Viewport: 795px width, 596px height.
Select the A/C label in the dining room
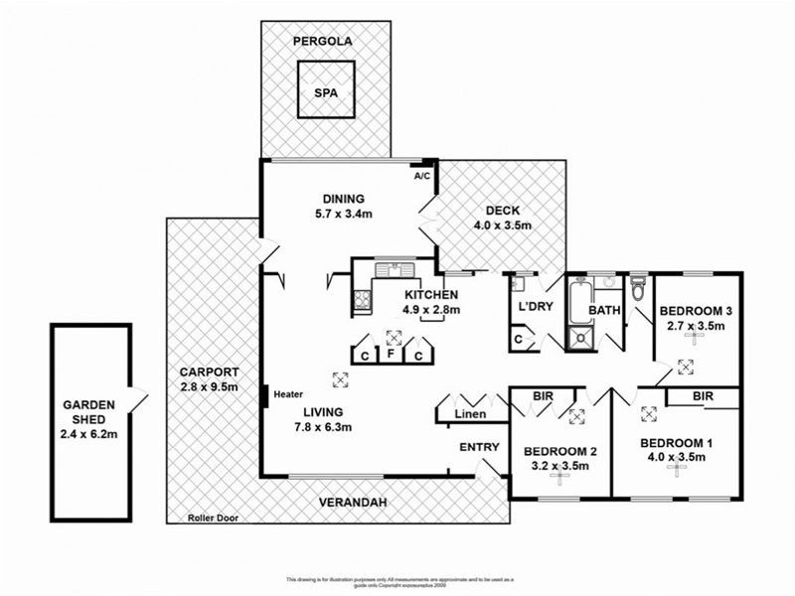pos(422,176)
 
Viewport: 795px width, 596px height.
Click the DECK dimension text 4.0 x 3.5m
pos(504,225)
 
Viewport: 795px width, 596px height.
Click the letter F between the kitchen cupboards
pos(393,354)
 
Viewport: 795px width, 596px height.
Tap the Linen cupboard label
pos(470,412)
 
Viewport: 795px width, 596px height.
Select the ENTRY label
pos(479,447)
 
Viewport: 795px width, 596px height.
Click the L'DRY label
pos(535,307)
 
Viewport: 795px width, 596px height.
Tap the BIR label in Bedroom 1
pos(703,396)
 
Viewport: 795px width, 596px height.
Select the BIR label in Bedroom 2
pos(542,396)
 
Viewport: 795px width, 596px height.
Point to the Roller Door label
pos(215,517)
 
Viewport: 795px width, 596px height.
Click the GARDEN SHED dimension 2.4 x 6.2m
pos(89,434)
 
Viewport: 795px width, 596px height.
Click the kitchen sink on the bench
pos(395,268)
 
